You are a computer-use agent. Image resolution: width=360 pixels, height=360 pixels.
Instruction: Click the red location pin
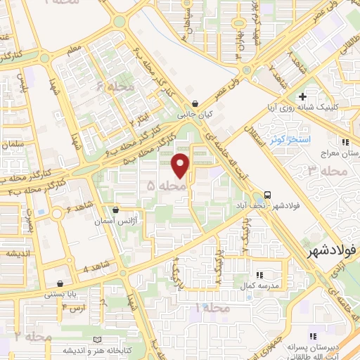pos(181,165)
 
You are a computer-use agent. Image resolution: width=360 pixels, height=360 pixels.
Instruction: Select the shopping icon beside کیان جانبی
pos(204,103)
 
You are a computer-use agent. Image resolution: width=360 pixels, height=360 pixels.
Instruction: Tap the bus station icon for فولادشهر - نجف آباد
pos(267,195)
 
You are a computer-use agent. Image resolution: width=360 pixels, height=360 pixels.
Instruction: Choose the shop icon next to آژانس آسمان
pos(115,210)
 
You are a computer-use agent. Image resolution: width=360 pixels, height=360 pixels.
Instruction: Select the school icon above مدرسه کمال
pos(259,275)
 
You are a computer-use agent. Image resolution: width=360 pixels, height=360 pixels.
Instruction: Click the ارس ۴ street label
pos(73,308)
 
